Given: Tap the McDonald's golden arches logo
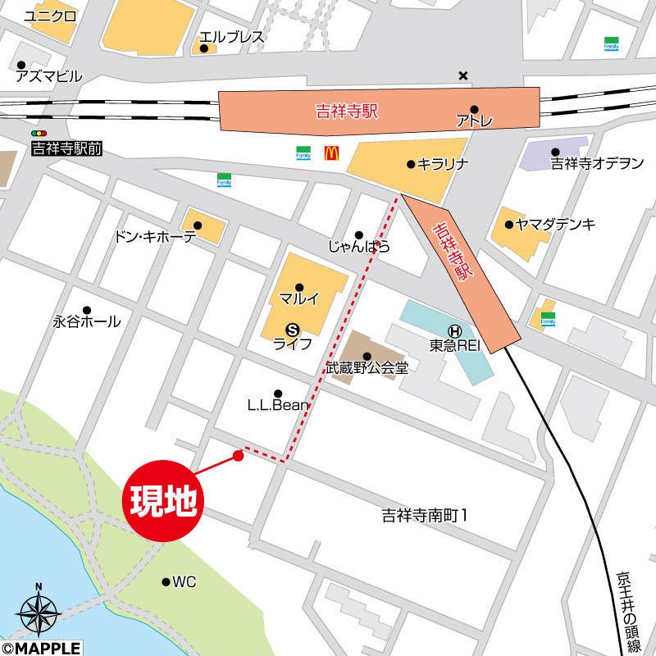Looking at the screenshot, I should tap(331, 152).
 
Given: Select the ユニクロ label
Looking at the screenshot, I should tap(50, 16).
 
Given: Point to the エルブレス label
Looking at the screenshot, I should tap(232, 37).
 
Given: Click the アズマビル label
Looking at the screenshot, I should tap(49, 77).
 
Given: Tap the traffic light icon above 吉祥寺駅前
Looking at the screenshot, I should tap(39, 133).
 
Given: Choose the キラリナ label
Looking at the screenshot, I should tap(443, 164).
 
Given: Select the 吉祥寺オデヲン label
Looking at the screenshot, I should tap(596, 163).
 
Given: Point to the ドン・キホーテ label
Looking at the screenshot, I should tap(155, 237).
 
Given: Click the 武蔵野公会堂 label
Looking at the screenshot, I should tap(367, 368).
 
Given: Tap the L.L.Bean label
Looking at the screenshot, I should tap(278, 405).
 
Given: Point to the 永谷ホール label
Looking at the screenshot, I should tap(87, 321).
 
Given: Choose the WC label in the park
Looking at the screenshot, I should tap(184, 582).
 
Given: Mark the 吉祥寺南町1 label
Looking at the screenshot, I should tap(424, 516).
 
